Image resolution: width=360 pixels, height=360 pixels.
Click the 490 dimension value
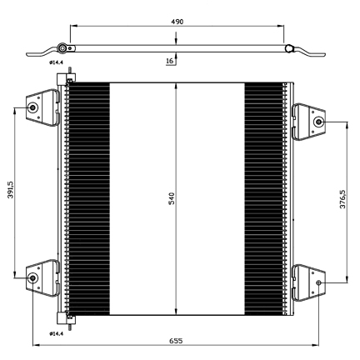coord(177,22)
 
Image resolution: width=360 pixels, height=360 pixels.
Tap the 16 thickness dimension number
coord(169,61)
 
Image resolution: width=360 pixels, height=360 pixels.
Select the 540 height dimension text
coord(172,198)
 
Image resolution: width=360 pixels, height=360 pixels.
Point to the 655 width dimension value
coord(177,341)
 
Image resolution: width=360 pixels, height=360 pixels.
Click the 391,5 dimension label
coord(11,190)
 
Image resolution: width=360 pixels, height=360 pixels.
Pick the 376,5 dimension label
coord(342,199)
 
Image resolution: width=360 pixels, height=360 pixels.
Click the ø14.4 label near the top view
coord(56,62)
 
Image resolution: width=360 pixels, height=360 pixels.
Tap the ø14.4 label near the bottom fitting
coord(56,333)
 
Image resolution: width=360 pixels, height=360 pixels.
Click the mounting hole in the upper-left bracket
coord(33,107)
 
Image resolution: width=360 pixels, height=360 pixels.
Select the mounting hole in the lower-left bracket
coord(33,277)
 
